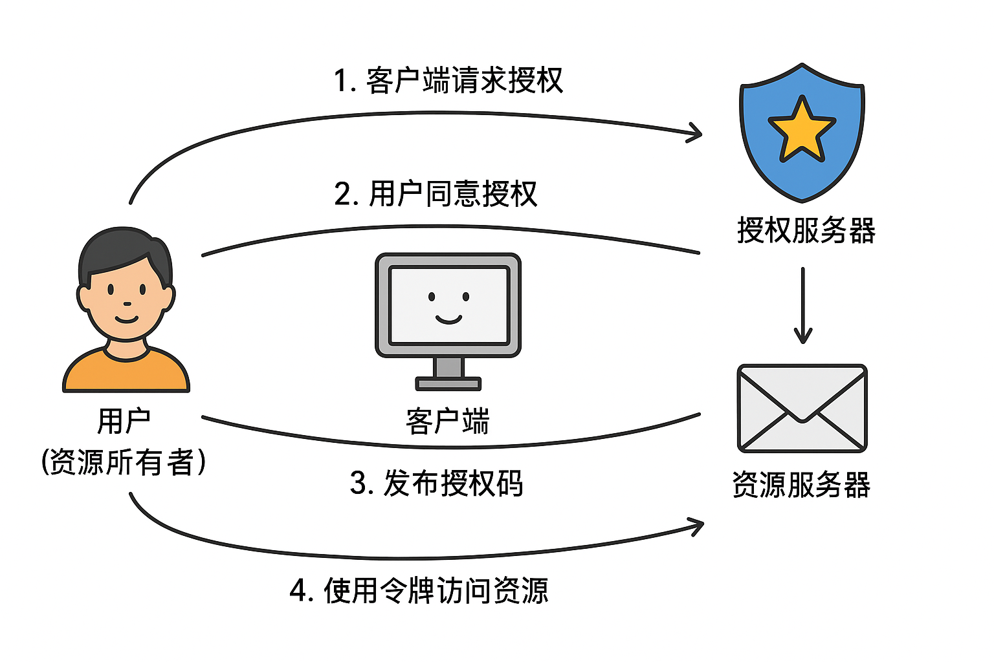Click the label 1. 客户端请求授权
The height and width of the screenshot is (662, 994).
pos(448,81)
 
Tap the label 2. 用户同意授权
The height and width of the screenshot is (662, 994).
pos(436,194)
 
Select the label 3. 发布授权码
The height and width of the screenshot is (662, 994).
pos(436,483)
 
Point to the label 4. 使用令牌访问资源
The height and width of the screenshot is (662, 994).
pos(419,590)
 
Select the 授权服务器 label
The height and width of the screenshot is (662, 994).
pos(806,231)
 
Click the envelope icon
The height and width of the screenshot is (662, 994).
pos(802,409)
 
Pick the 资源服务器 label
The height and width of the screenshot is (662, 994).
pos(801,485)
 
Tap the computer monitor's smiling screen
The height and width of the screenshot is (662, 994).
pos(448,305)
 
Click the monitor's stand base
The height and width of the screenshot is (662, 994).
pos(448,384)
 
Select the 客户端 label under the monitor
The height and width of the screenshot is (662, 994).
pos(448,422)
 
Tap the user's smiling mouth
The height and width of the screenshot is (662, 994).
pos(126,319)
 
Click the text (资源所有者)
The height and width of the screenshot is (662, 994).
pos(124,462)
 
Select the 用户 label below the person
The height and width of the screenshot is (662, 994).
pos(124,422)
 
